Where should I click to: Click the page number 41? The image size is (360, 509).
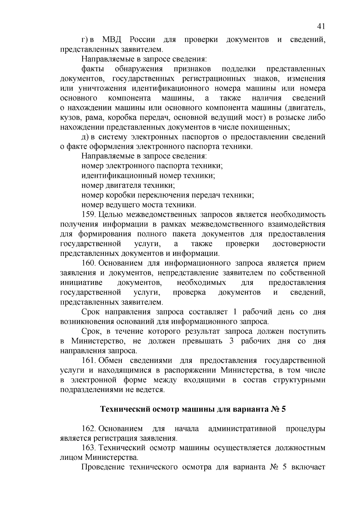pos(321,27)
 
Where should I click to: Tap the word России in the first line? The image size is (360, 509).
pos(142,40)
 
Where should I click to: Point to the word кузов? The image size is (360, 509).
pos(69,118)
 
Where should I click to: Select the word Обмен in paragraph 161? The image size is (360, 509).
pos(111,360)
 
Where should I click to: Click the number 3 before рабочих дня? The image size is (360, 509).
pos(231,341)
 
